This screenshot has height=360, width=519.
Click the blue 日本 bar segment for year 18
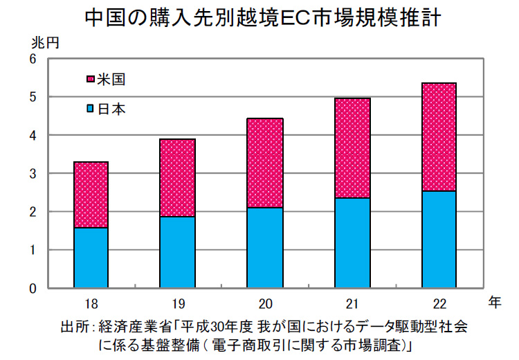tap(91, 257)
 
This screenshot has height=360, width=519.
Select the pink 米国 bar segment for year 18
tap(91, 195)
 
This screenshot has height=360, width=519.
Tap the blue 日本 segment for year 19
tap(178, 251)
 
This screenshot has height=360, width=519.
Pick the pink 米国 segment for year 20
tap(265, 163)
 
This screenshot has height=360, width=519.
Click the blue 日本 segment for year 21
tap(352, 242)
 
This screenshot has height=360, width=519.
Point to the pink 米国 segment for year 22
tap(439, 137)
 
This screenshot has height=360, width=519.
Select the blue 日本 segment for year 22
tap(439, 239)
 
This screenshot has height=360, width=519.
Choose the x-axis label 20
tap(265, 303)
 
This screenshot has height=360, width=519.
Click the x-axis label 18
tap(91, 303)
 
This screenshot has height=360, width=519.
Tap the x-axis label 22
tap(439, 303)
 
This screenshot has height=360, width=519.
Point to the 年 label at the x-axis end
tap(493, 302)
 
